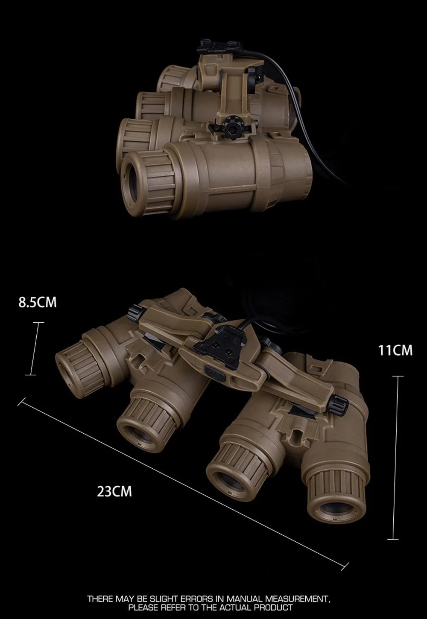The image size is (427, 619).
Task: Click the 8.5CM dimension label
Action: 38,302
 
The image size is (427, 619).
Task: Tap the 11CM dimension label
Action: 395,350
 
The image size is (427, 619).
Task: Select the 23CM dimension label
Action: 114,492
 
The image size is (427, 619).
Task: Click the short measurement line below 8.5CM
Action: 35,349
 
